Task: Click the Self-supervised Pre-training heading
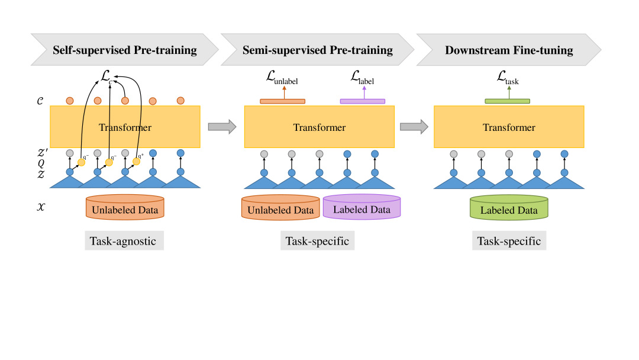(x=125, y=50)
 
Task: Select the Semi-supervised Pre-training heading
(x=317, y=50)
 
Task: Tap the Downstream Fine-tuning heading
(x=509, y=50)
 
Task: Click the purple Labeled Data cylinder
(x=362, y=209)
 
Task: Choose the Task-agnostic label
(x=124, y=241)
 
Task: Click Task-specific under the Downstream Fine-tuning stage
(x=509, y=241)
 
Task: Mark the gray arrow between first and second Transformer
(x=222, y=126)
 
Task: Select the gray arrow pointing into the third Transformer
(x=414, y=126)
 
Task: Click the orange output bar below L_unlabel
(x=283, y=101)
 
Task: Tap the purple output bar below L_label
(x=363, y=101)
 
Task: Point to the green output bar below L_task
(x=507, y=101)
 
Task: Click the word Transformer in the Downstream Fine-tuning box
(x=509, y=127)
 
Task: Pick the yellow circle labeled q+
(x=137, y=162)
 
